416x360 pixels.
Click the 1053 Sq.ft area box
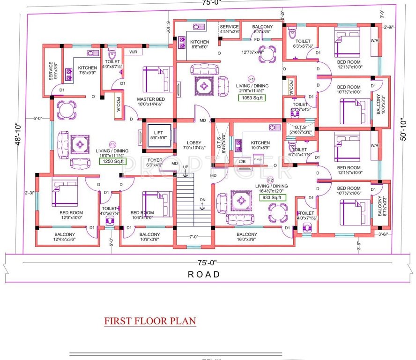[253, 97]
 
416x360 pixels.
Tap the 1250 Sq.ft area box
[112, 161]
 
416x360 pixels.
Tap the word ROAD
[203, 275]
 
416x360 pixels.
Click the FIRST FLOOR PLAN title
[150, 321]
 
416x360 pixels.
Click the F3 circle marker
[112, 144]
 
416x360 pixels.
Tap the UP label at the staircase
[186, 167]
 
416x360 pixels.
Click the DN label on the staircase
[203, 200]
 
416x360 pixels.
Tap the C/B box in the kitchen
[242, 161]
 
